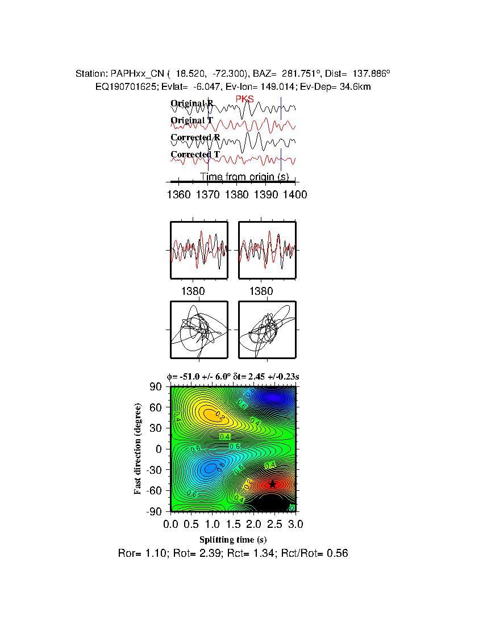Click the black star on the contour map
[273, 484]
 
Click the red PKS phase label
[245, 99]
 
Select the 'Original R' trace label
[192, 103]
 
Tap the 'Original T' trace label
[191, 120]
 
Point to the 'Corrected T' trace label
[195, 155]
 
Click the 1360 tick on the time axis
[179, 195]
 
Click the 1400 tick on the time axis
[295, 195]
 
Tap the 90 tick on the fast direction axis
[157, 386]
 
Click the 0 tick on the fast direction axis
[160, 449]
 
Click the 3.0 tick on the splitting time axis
[295, 523]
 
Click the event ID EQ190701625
[122, 86]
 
